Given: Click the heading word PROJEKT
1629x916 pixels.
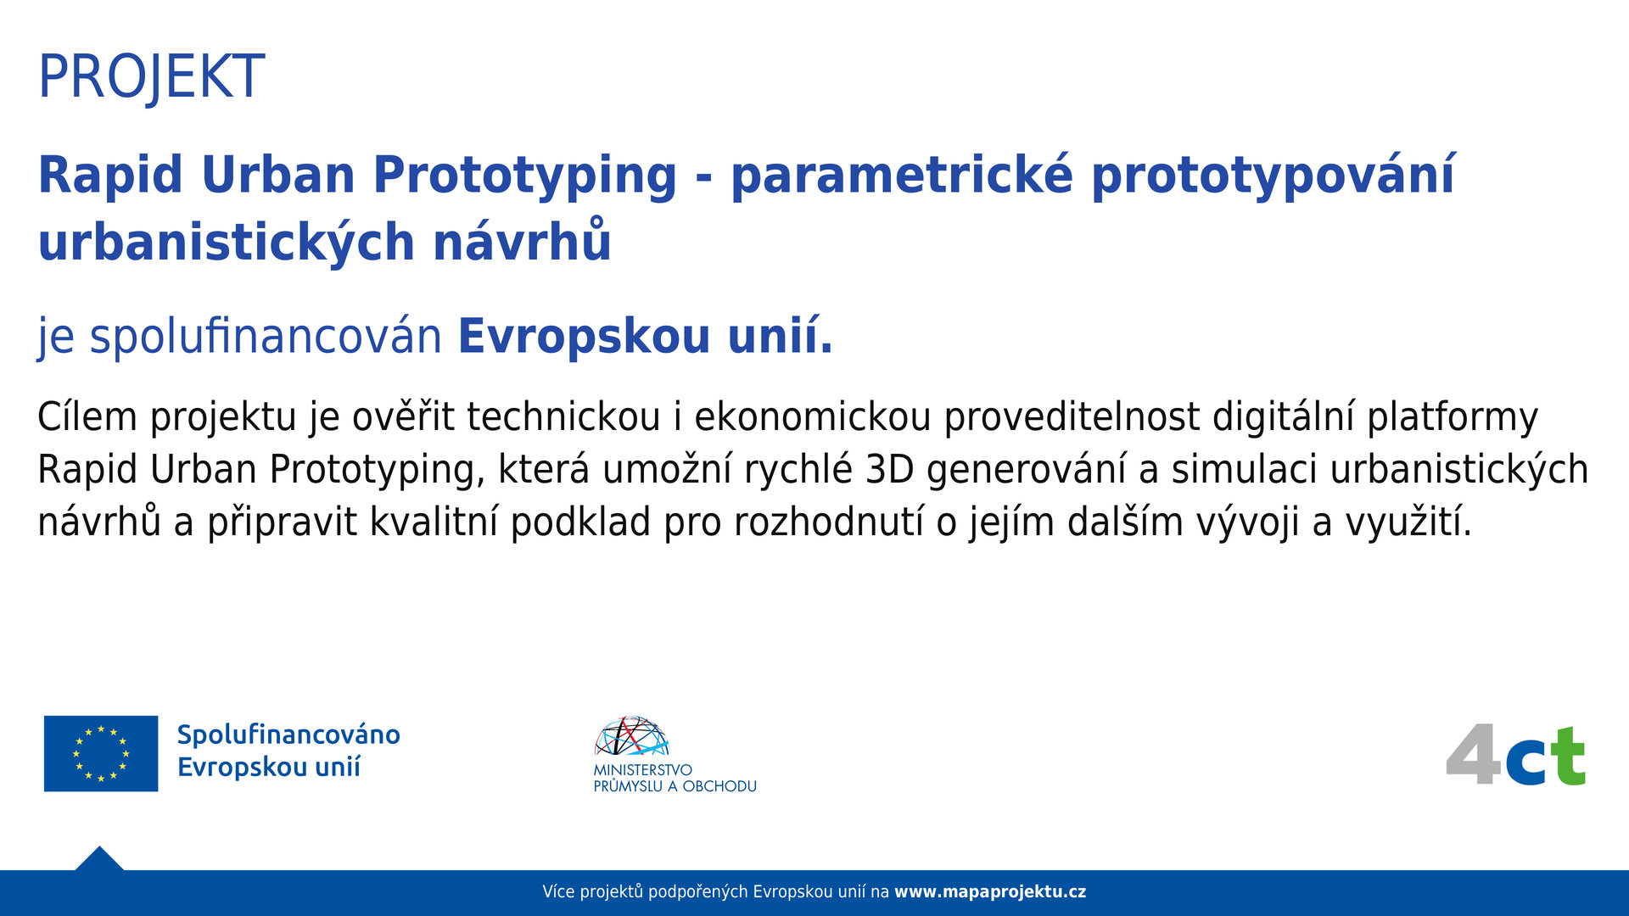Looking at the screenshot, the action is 151,77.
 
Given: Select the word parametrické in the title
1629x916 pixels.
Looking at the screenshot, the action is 902,176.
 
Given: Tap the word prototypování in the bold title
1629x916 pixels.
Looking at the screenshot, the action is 1273,176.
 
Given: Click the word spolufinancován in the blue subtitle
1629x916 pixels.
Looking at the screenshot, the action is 266,336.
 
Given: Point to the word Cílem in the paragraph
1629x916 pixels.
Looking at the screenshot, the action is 87,416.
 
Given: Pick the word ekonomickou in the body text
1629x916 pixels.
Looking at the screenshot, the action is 813,416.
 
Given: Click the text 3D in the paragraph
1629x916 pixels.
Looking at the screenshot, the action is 889,469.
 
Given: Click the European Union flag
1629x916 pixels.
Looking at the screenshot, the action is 101,753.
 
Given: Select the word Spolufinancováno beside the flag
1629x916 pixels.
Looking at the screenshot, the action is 288,734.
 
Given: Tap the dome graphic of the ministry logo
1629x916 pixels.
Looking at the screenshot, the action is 631,735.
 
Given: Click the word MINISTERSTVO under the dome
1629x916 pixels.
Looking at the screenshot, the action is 642,770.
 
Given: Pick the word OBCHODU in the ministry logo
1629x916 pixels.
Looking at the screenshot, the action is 719,786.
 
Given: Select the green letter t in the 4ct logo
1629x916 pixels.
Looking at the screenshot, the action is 1567,756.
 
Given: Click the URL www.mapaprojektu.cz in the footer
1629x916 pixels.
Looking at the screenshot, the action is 990,892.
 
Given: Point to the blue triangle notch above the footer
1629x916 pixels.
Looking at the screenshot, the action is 99,859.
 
